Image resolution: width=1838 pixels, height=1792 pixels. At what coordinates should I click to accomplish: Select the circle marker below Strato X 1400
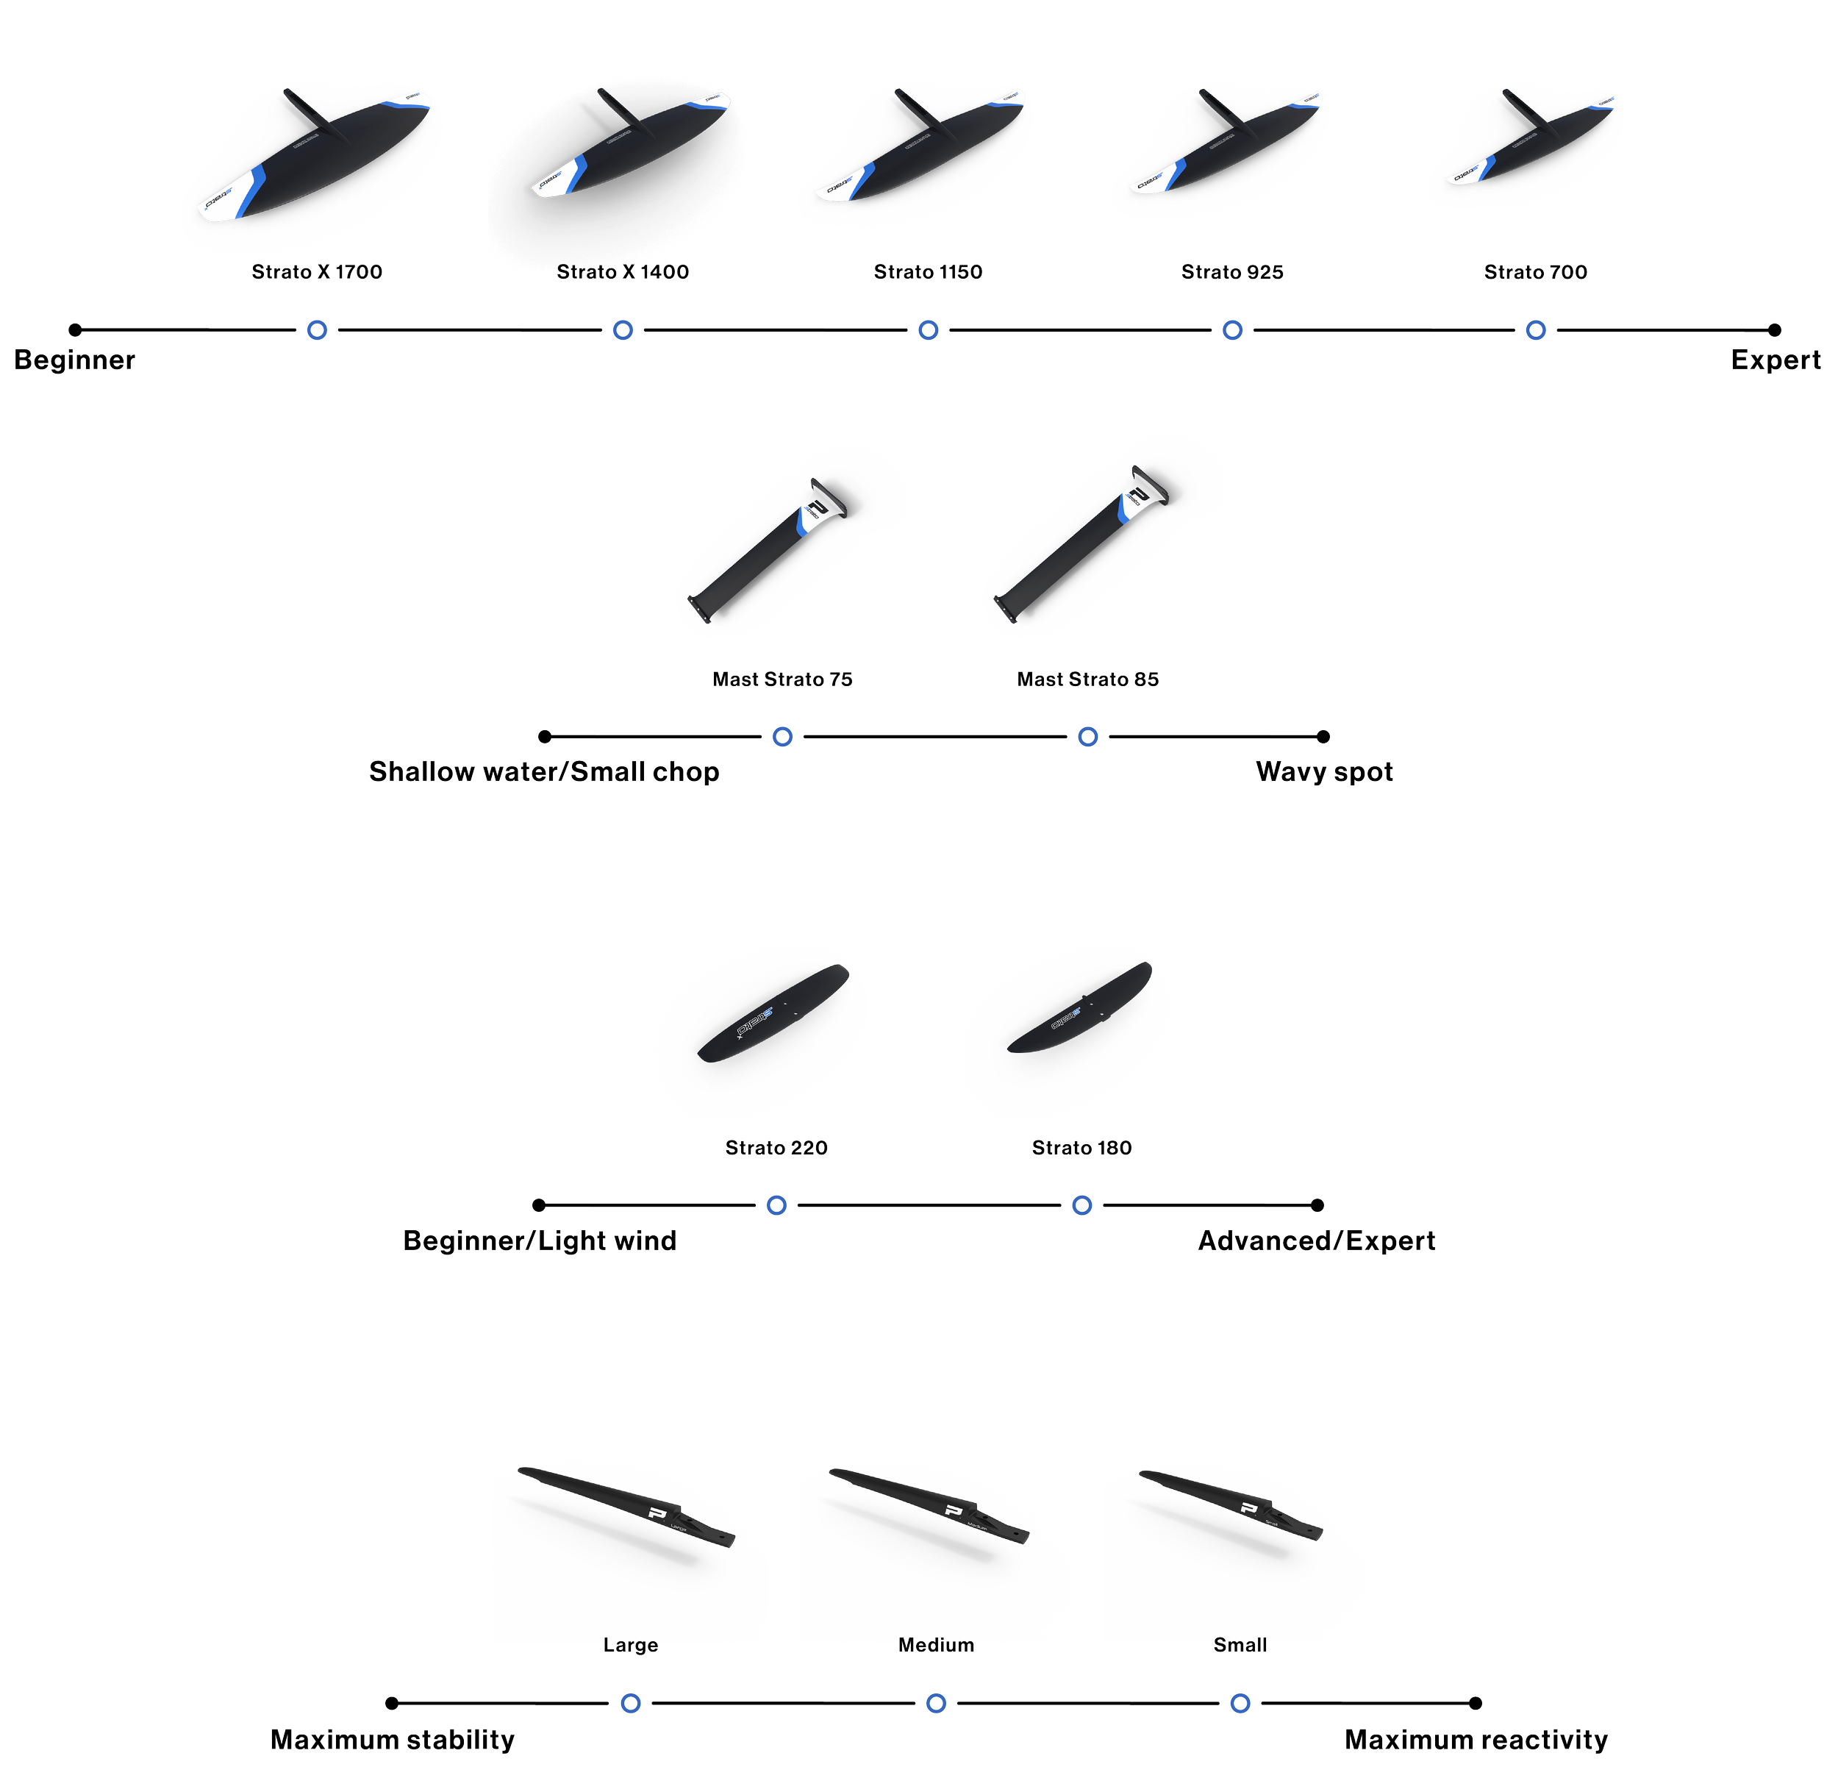pos(623,330)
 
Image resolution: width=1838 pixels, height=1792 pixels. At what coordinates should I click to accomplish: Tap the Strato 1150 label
pos(928,272)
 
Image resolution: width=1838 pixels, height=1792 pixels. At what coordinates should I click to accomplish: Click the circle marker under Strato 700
pos(1536,330)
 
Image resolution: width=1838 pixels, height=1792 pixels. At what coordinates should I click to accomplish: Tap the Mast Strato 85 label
pos(1088,679)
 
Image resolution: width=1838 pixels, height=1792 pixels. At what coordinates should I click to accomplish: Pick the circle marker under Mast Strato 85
pos(1088,737)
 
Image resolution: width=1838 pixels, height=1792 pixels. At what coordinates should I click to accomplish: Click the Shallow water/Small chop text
pos(544,772)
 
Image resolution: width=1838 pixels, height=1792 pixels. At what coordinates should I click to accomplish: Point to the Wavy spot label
pos(1324,772)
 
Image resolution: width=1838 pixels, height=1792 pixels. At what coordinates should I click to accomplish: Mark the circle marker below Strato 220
pos(776,1206)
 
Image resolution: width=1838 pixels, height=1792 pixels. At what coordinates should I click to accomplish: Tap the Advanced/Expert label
pos(1317,1241)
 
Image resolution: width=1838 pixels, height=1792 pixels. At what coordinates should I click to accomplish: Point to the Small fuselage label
pos(1240,1645)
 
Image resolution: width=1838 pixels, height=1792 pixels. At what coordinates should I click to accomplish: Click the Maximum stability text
pos(393,1741)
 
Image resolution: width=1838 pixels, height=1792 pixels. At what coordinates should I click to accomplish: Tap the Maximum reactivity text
pos(1476,1741)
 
